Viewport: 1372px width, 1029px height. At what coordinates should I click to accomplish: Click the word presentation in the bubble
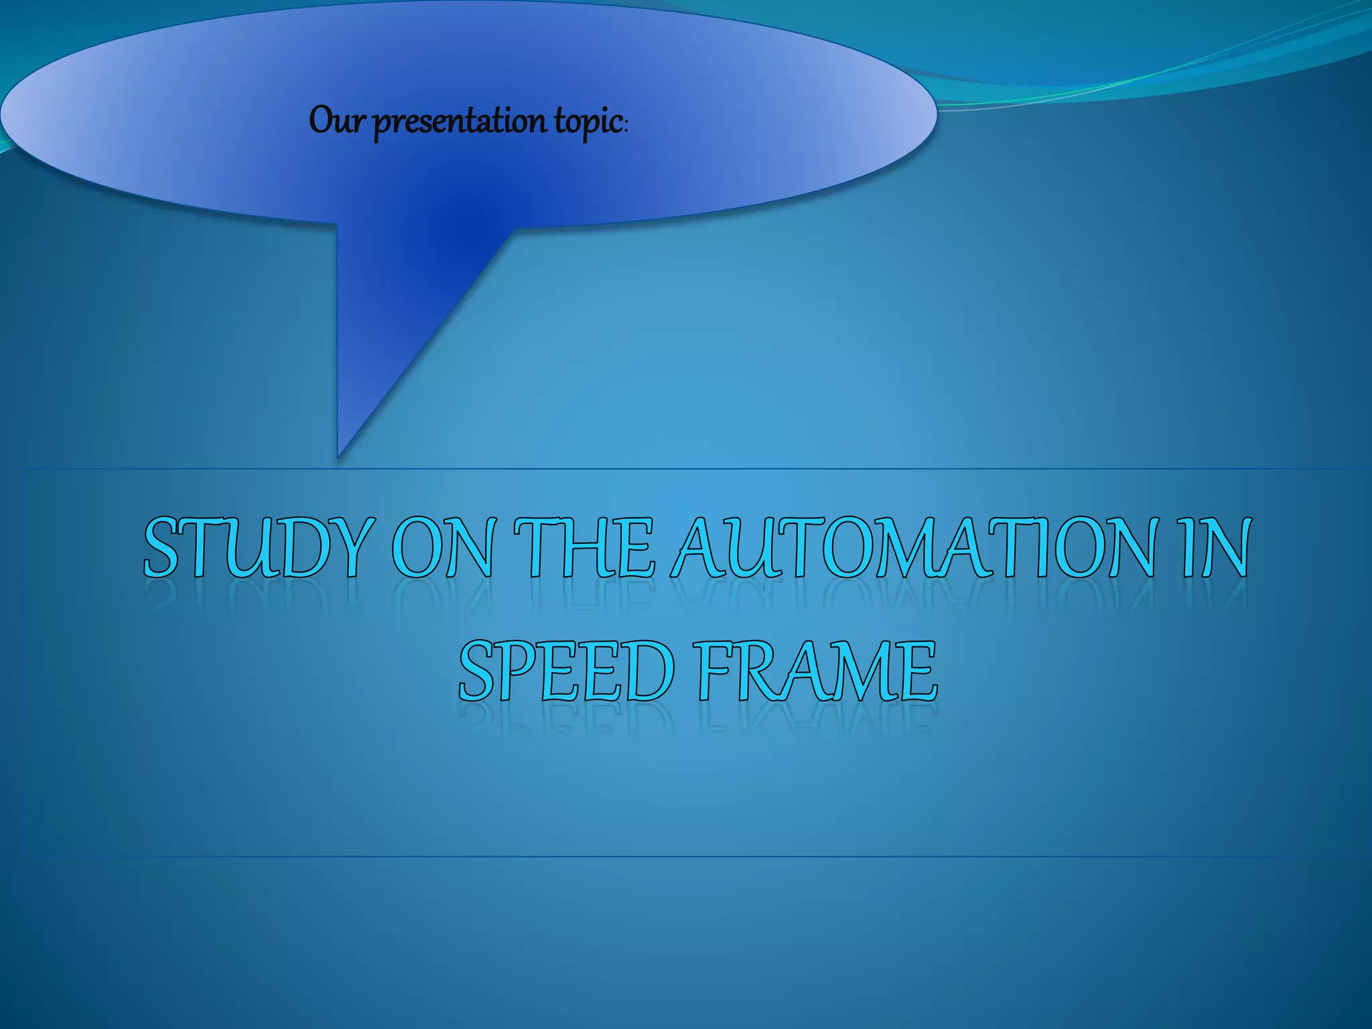459,122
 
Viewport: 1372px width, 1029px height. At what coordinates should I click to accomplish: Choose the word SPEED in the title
567,671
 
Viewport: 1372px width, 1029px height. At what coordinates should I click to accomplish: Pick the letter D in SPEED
646,671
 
